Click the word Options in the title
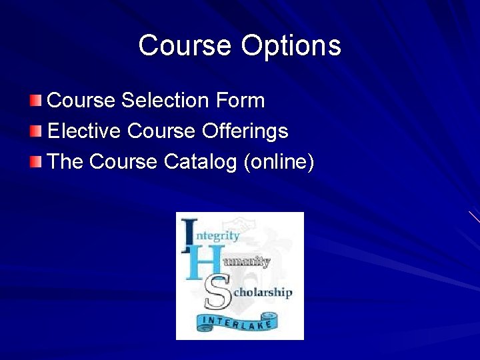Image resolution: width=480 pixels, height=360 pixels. point(291,46)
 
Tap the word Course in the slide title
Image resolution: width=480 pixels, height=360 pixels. point(185,46)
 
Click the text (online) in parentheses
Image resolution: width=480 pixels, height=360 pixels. point(279,162)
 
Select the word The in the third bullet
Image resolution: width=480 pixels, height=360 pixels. point(65,162)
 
